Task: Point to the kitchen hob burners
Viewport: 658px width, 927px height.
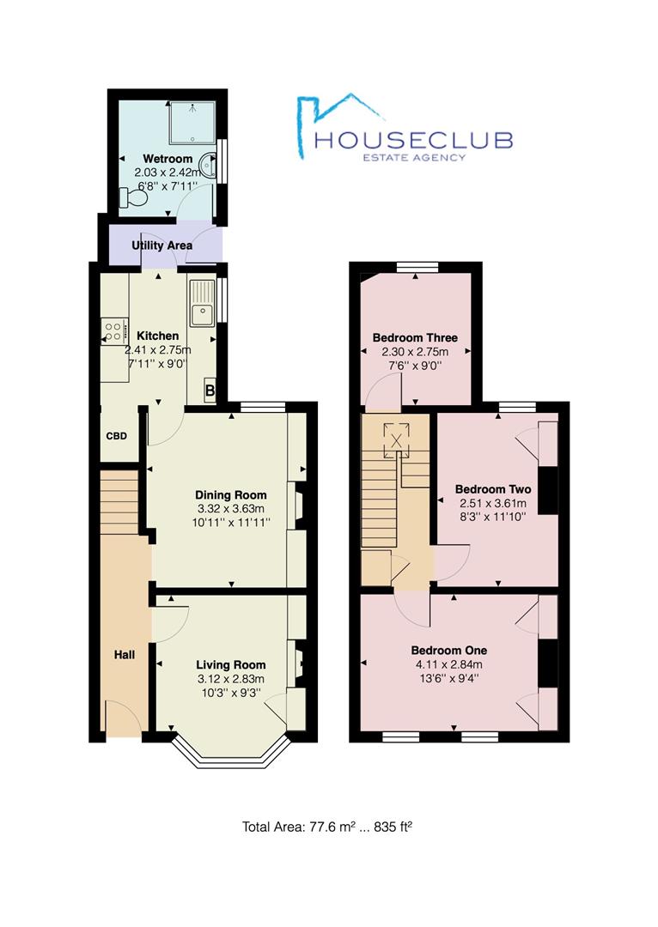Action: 113,329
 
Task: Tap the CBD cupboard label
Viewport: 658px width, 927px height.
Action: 117,436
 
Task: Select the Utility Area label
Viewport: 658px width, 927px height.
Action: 161,245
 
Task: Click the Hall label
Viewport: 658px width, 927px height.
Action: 125,655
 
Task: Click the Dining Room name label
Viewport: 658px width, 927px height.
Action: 231,495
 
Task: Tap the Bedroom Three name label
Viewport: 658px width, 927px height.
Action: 415,337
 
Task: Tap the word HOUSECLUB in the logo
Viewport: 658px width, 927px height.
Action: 413,139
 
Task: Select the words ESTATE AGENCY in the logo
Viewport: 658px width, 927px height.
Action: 413,157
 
